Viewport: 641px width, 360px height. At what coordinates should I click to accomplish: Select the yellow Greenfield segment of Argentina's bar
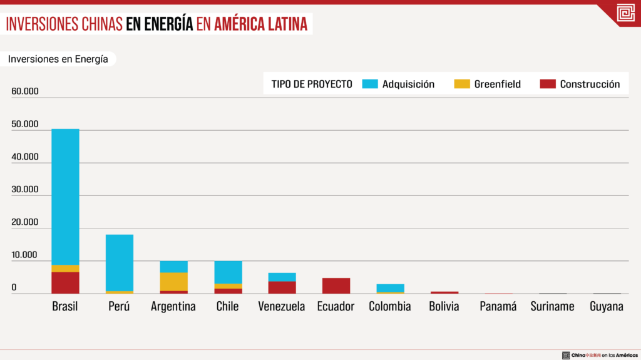pyautogui.click(x=173, y=282)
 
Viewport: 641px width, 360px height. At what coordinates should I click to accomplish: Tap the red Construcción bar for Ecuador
pyautogui.click(x=336, y=285)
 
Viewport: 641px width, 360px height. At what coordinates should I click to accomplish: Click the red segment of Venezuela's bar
pyautogui.click(x=282, y=287)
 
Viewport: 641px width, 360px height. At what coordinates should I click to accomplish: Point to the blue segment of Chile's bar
pyautogui.click(x=228, y=272)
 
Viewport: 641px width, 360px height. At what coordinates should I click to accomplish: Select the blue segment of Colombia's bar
pyautogui.click(x=390, y=288)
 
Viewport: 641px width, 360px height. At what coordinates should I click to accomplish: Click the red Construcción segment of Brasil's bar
pyautogui.click(x=65, y=282)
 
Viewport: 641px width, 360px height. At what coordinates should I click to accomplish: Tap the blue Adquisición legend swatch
pyautogui.click(x=371, y=84)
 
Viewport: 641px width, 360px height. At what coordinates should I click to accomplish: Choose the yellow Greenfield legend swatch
pyautogui.click(x=463, y=84)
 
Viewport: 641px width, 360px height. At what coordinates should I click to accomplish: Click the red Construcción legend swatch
pyautogui.click(x=548, y=84)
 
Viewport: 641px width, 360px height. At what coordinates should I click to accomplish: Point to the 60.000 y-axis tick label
pyautogui.click(x=25, y=91)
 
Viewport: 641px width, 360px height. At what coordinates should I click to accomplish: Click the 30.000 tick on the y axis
pyautogui.click(x=25, y=189)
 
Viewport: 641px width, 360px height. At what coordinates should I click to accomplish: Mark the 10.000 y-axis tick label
pyautogui.click(x=25, y=255)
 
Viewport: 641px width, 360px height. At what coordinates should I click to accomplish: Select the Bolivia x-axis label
pyautogui.click(x=444, y=306)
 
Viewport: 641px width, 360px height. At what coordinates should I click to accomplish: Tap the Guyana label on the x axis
pyautogui.click(x=607, y=307)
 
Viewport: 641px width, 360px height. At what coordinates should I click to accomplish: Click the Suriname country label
pyautogui.click(x=552, y=306)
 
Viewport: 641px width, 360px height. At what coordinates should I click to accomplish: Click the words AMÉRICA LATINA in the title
pyautogui.click(x=261, y=24)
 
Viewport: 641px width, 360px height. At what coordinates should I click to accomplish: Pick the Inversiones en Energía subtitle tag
pyautogui.click(x=58, y=59)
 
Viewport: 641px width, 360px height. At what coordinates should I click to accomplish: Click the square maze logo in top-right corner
pyautogui.click(x=625, y=13)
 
